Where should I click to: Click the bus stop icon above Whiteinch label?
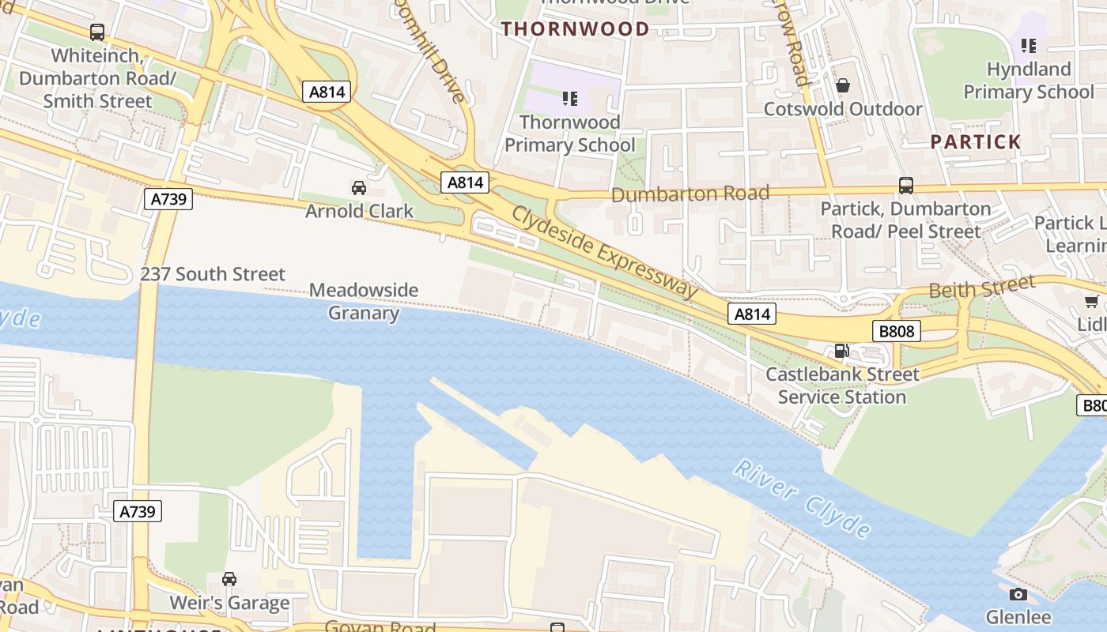click(x=97, y=32)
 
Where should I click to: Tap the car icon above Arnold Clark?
click(x=359, y=187)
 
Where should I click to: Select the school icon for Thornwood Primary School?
click(x=569, y=99)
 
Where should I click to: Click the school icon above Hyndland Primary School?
click(x=1028, y=46)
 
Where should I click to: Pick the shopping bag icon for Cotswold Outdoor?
click(x=843, y=85)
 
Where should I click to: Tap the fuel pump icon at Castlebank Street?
click(x=842, y=350)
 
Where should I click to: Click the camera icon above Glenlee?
click(x=1018, y=593)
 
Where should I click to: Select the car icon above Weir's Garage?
click(x=229, y=579)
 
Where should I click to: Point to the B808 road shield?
click(x=897, y=331)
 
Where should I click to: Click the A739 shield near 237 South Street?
click(x=169, y=198)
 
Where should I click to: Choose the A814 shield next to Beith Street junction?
click(x=752, y=314)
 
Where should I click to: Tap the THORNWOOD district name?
click(x=576, y=29)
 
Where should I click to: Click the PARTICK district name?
click(x=976, y=142)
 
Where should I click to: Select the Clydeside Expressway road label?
click(x=605, y=252)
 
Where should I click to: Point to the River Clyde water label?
click(x=802, y=498)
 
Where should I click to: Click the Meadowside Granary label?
click(x=363, y=301)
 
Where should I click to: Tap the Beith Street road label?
click(x=981, y=287)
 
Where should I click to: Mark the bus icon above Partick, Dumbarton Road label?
click(x=906, y=186)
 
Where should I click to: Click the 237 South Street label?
click(x=213, y=274)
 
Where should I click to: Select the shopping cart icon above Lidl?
click(x=1092, y=301)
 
